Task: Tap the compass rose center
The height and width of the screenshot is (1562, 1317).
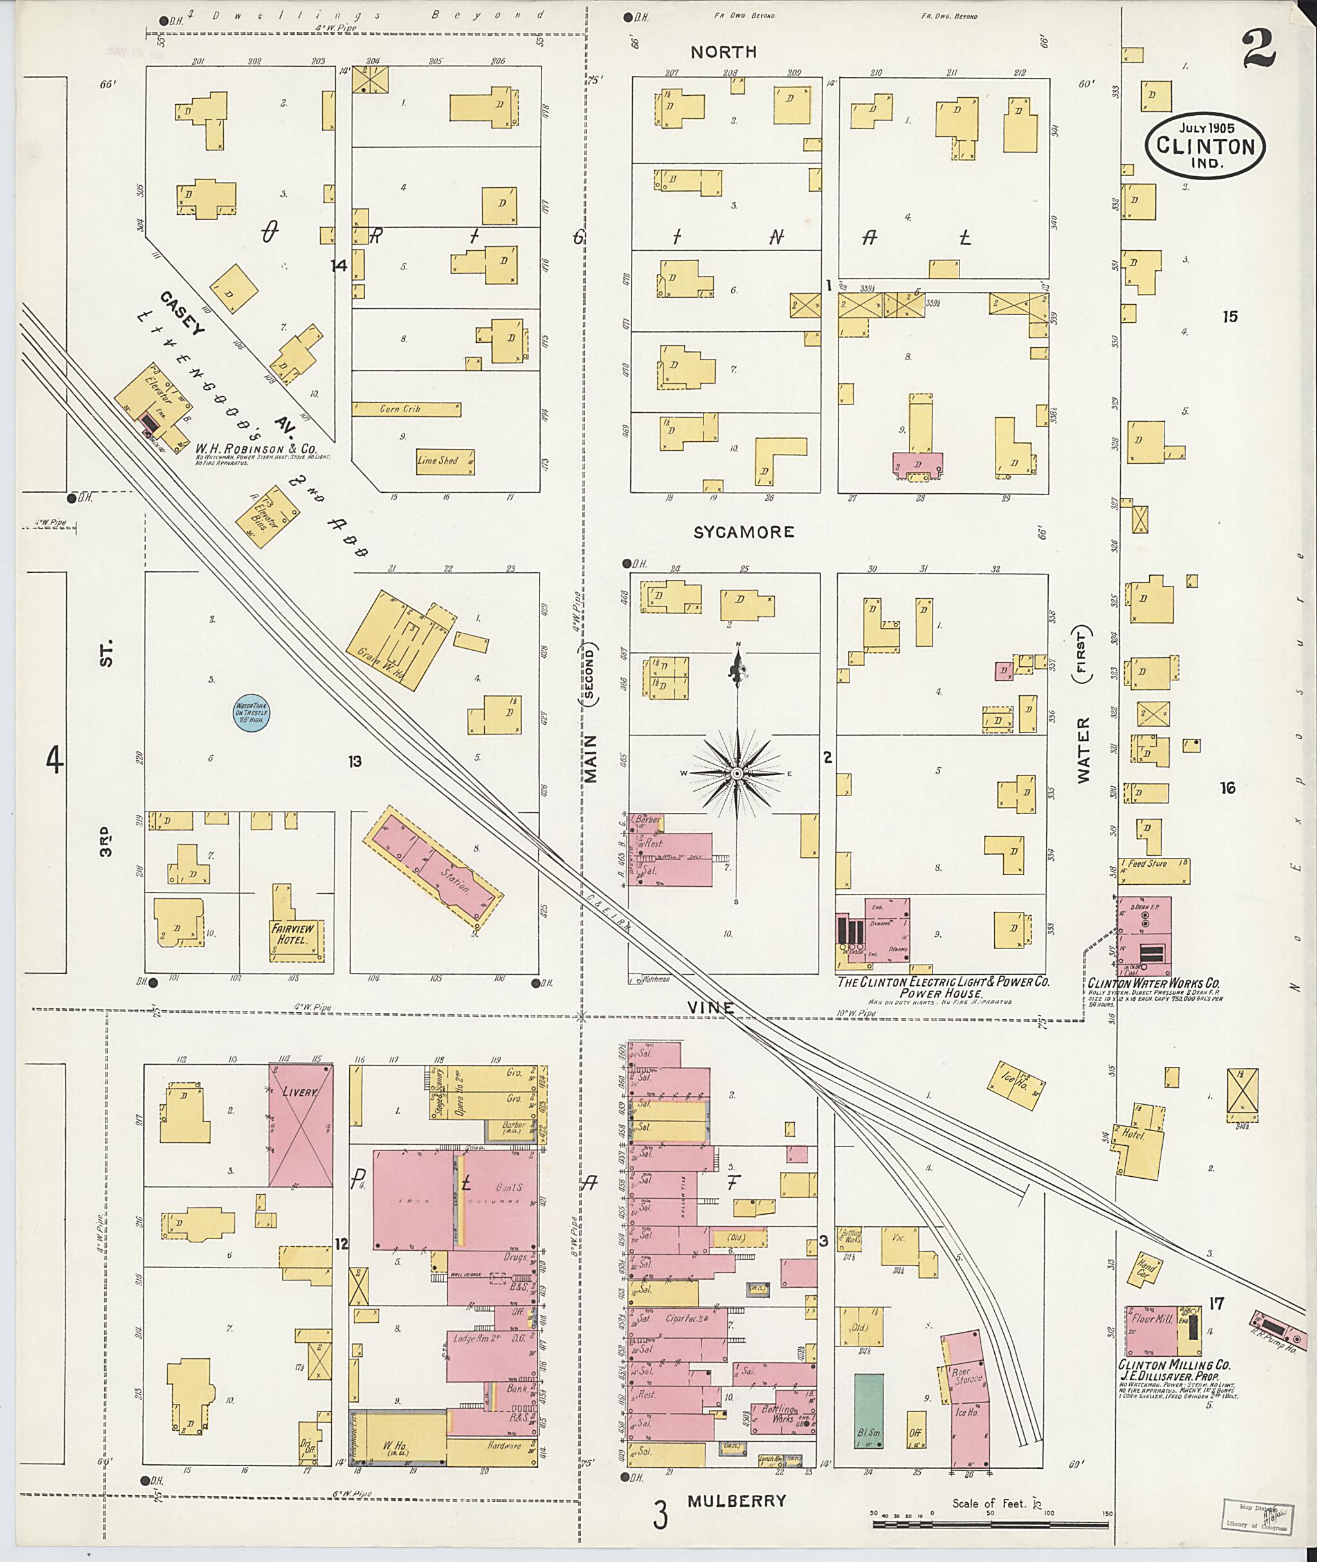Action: pos(737,774)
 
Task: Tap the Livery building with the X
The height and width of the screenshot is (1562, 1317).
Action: pos(301,1125)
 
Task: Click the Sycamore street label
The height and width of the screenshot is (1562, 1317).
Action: pos(743,532)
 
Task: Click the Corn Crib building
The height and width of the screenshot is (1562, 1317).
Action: pos(406,409)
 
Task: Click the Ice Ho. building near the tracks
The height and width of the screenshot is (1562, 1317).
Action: pos(1017,1079)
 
